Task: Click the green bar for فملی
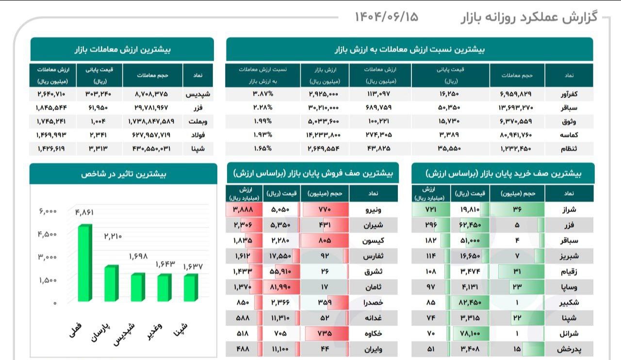point(84,263)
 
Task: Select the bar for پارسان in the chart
point(112,283)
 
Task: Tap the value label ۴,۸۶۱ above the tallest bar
point(84,212)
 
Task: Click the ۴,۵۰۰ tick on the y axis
point(47,234)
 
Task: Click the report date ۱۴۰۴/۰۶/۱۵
point(386,16)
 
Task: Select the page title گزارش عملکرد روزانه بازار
point(528,17)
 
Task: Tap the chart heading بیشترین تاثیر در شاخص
point(123,174)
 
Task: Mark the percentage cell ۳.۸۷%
point(262,94)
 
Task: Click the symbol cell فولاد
point(196,135)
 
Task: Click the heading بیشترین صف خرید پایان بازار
point(503,173)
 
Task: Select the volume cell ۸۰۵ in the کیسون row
point(325,241)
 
